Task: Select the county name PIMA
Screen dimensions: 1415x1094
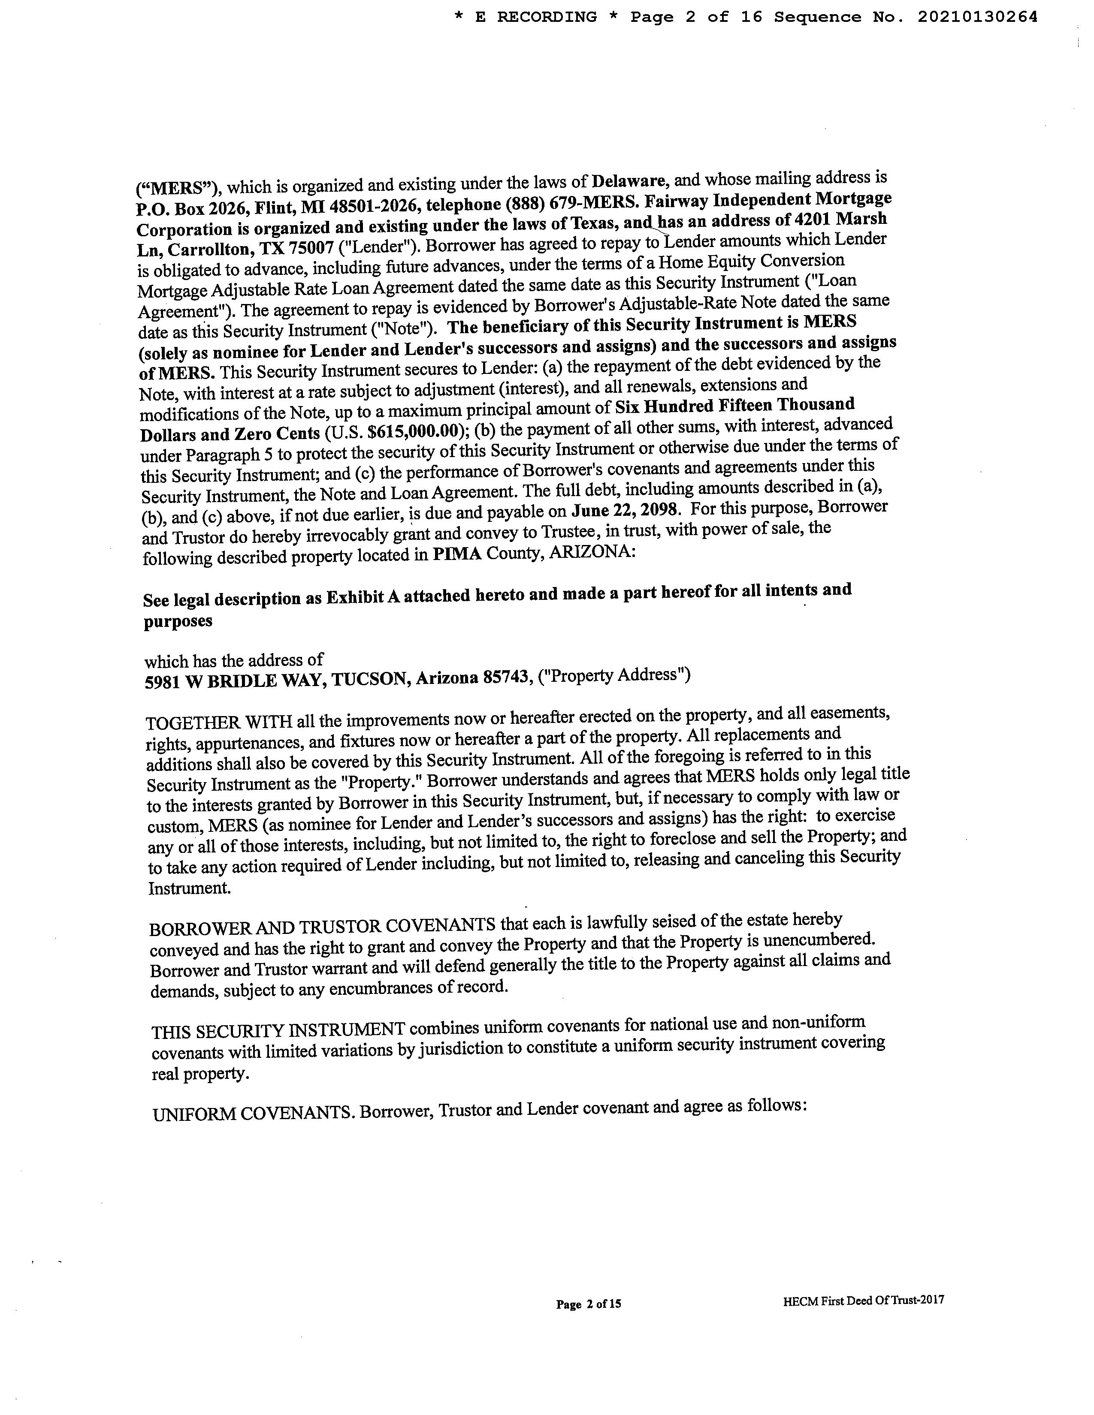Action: click(x=457, y=555)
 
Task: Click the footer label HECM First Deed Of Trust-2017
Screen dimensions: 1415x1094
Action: click(x=863, y=1300)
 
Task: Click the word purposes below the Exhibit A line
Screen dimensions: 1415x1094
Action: click(x=178, y=621)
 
